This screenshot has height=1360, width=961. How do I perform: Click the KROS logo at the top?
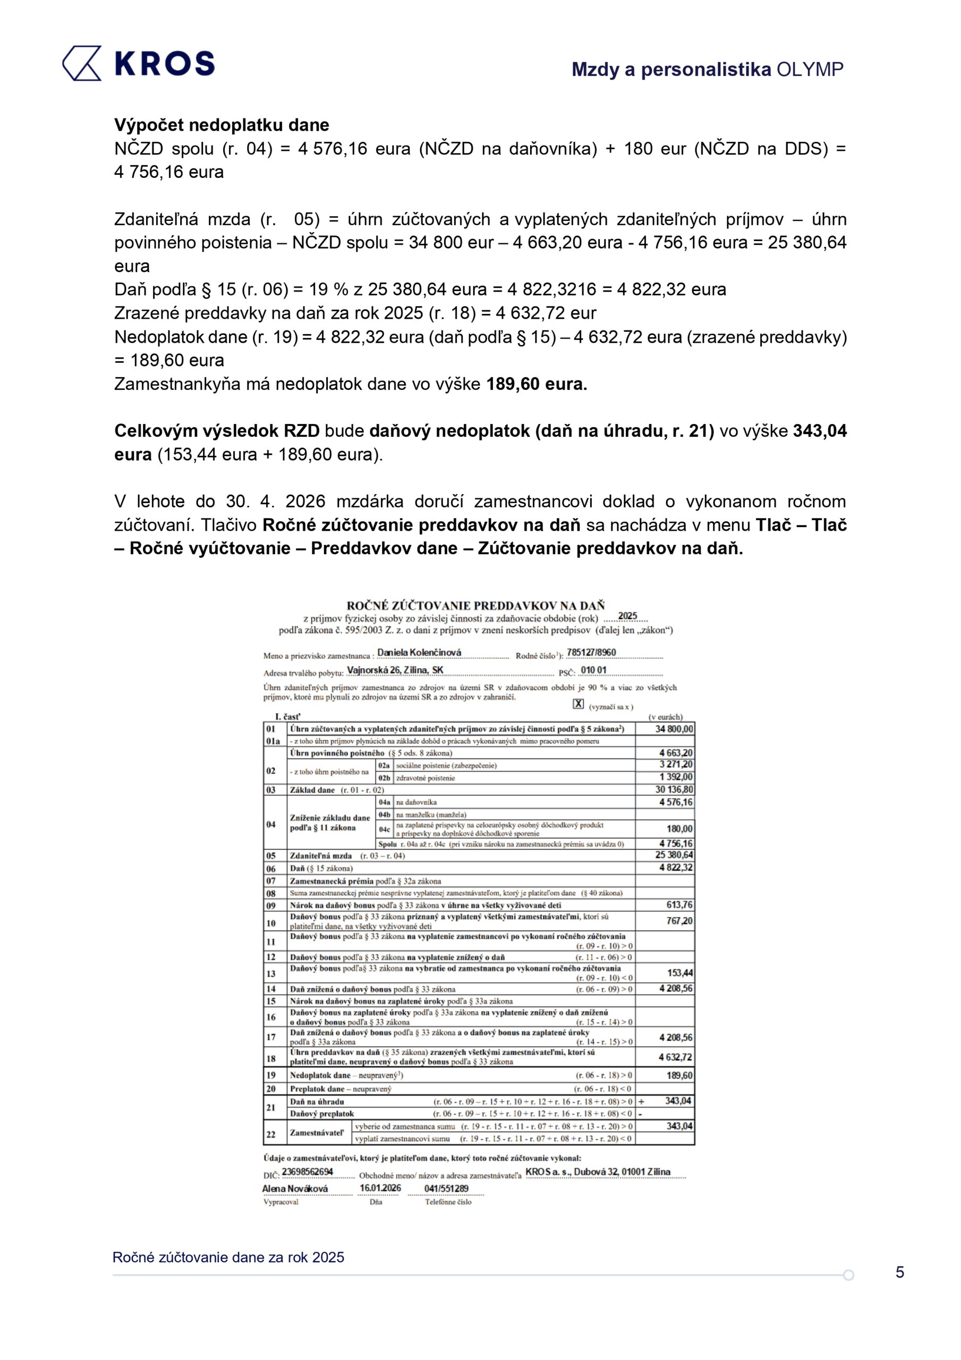[x=138, y=63]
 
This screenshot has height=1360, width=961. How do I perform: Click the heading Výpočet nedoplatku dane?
[x=222, y=125]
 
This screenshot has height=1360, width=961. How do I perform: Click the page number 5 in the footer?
[x=899, y=1272]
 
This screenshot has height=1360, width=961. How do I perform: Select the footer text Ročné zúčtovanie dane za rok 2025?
[x=228, y=1257]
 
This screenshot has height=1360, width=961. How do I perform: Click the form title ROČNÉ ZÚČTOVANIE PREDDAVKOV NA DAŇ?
[x=475, y=606]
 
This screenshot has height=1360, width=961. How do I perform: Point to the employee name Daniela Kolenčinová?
[x=419, y=652]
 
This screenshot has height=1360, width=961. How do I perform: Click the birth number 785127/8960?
[x=591, y=652]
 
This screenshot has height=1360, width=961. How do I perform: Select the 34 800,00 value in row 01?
[x=674, y=728]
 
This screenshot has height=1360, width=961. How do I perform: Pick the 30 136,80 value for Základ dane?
[x=674, y=789]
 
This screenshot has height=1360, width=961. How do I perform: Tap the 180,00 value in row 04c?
[x=679, y=829]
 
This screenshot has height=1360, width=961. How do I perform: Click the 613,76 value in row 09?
[x=679, y=905]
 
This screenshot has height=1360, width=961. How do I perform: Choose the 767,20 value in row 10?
[x=679, y=921]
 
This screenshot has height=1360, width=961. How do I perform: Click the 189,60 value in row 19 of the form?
[x=679, y=1075]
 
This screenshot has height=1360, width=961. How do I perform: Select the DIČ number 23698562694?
[x=307, y=1171]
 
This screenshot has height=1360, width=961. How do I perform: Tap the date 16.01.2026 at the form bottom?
[x=380, y=1188]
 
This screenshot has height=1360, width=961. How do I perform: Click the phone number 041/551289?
[x=446, y=1188]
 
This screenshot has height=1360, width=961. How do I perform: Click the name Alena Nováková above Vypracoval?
[x=294, y=1188]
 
